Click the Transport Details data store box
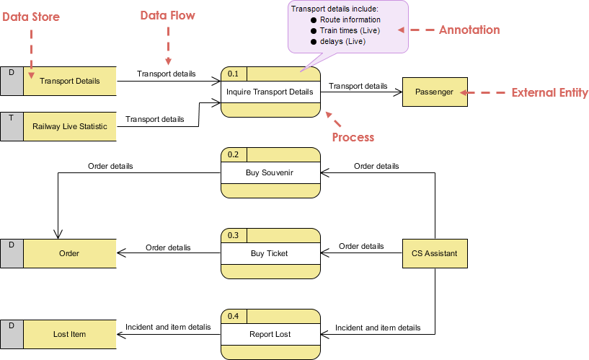(69, 81)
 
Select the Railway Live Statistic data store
(69, 126)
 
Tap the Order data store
(69, 253)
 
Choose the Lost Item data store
(69, 334)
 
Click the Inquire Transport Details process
(270, 92)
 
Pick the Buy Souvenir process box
(270, 172)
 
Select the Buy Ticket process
(270, 253)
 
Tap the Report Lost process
(270, 334)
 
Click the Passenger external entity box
(434, 92)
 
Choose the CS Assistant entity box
(434, 253)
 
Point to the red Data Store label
(30, 17)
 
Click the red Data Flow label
(167, 15)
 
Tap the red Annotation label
(469, 30)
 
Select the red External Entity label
(549, 93)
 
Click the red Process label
(353, 137)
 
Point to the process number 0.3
(233, 235)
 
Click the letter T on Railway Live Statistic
(11, 117)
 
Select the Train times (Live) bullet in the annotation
(349, 31)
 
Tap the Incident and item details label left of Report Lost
(168, 327)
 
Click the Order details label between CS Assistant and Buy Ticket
(361, 246)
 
